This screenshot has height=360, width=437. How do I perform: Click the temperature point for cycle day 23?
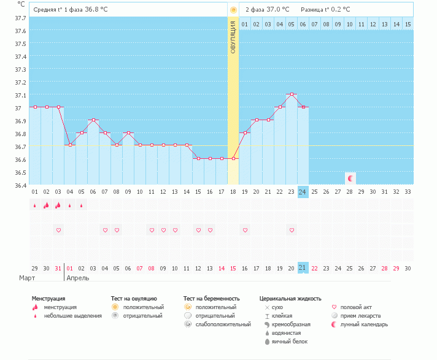(292, 94)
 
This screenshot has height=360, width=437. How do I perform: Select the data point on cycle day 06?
(94, 120)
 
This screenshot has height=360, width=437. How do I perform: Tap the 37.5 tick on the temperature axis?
(20, 44)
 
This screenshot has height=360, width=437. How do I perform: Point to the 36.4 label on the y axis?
(20, 185)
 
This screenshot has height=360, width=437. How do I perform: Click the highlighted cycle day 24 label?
(303, 192)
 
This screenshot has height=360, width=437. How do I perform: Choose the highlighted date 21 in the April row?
(303, 268)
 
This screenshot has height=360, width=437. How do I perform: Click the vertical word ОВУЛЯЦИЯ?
(233, 37)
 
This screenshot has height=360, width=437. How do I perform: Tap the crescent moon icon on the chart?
(350, 178)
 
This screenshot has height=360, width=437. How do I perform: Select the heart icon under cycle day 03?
(58, 230)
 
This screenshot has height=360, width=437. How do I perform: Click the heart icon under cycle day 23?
(292, 230)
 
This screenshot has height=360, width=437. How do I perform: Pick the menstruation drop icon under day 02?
(46, 205)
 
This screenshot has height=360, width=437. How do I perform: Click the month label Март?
(27, 278)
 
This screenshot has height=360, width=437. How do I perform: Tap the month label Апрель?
(78, 278)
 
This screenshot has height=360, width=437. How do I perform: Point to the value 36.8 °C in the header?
(96, 9)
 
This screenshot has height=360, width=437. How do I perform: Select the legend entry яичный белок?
(290, 342)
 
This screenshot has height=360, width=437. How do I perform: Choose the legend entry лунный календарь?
(364, 324)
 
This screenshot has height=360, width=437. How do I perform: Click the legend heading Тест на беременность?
(212, 299)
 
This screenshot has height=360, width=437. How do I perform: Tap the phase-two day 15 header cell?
(408, 24)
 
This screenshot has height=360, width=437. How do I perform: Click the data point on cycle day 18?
(234, 159)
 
